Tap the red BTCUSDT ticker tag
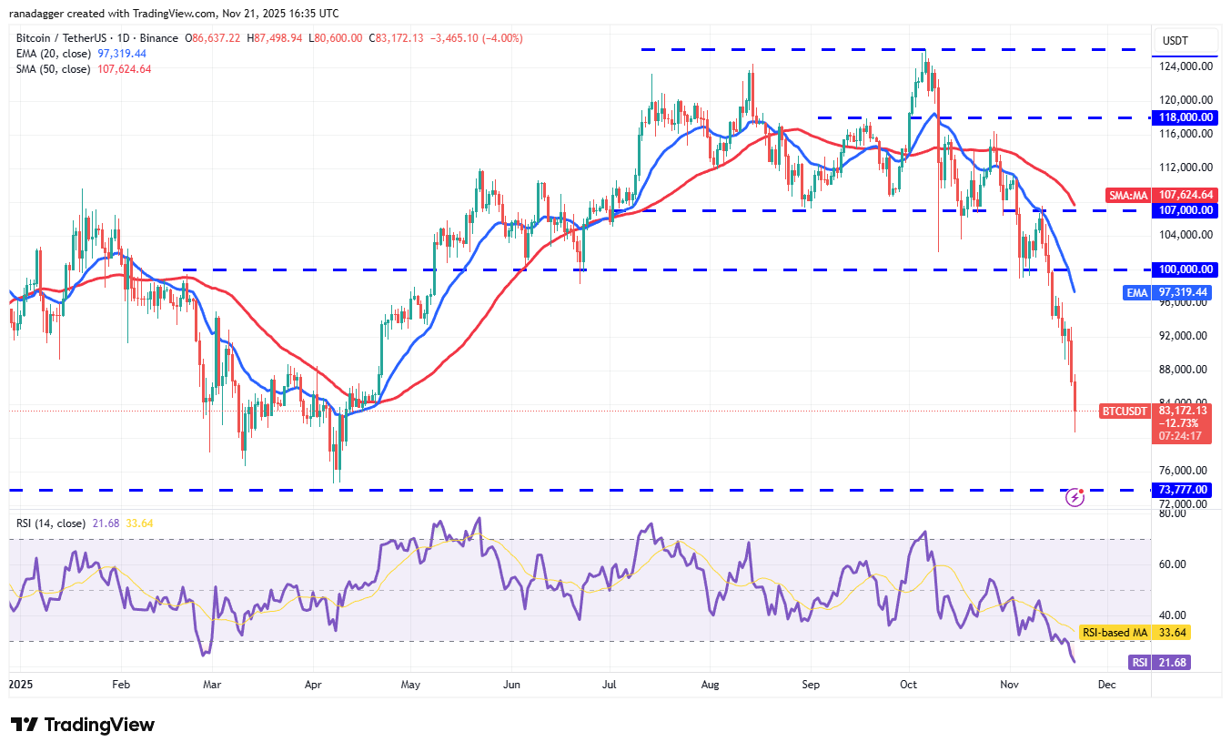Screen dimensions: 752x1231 [1124, 412]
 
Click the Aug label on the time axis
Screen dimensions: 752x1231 [711, 682]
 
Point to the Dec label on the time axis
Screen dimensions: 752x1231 [1105, 682]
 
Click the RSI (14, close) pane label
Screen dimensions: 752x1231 [51, 523]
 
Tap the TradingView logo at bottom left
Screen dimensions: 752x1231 [83, 725]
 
